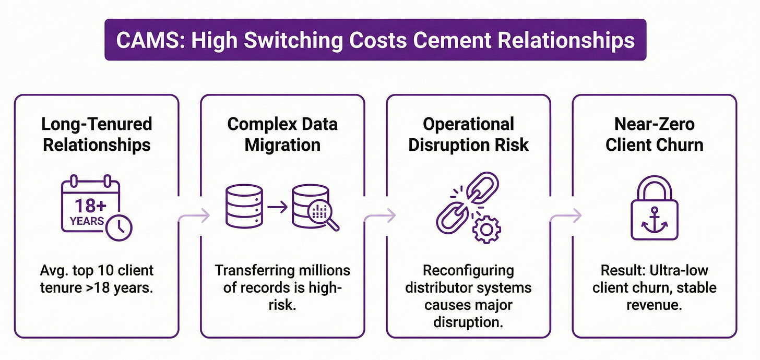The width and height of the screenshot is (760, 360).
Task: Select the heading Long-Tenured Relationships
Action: pyautogui.click(x=97, y=134)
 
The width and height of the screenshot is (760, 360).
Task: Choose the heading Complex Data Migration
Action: pyautogui.click(x=282, y=134)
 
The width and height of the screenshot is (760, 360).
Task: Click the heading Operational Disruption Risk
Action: pyautogui.click(x=468, y=134)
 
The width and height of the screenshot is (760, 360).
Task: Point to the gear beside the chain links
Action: pyautogui.click(x=486, y=228)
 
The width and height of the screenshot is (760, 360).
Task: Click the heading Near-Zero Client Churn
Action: pyautogui.click(x=655, y=134)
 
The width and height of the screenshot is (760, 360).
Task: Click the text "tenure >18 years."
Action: pyautogui.click(x=97, y=287)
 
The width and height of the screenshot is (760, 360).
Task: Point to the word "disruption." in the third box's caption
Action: pyautogui.click(x=468, y=322)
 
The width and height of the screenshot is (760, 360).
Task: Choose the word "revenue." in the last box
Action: pyautogui.click(x=655, y=305)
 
